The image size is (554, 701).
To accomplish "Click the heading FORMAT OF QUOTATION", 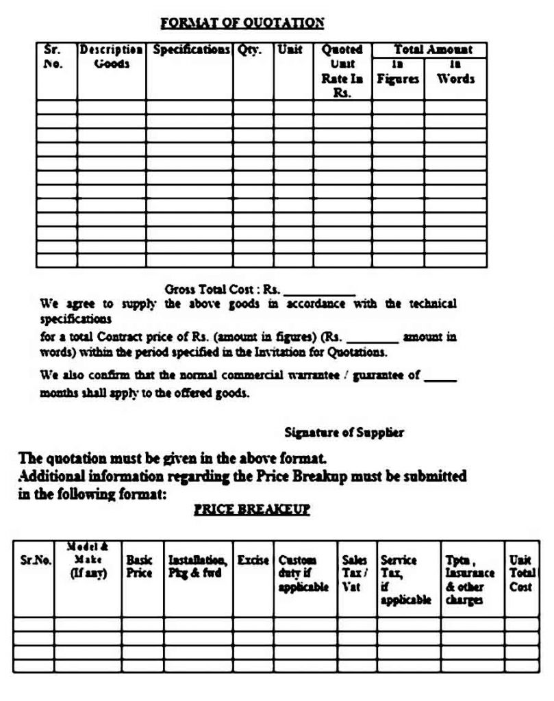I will pos(242,23).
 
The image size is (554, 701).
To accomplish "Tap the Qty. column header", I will pos(250,50).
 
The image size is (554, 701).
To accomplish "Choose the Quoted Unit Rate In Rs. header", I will pos(342,71).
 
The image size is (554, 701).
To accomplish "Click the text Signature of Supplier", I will pos(344,432).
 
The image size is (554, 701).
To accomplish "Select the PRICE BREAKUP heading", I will pos(252,510).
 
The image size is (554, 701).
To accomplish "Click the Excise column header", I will pos(253,560).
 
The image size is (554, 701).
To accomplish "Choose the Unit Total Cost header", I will pos(521,573).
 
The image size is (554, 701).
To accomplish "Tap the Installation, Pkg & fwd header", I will pos(197,566).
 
